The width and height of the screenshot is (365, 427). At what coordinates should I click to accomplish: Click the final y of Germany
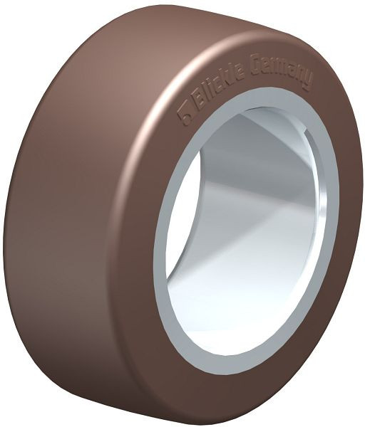pyautogui.click(x=309, y=81)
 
